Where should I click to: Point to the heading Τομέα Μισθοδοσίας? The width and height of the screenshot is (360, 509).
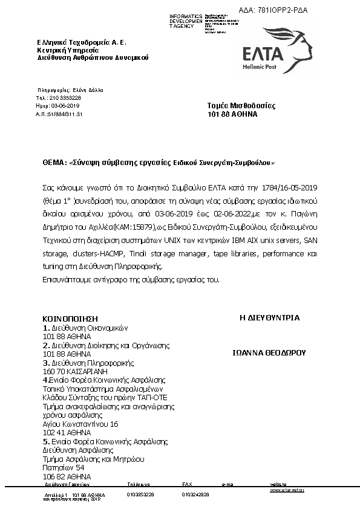point(241,105)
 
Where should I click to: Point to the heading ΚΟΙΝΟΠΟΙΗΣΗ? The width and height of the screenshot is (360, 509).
point(70,319)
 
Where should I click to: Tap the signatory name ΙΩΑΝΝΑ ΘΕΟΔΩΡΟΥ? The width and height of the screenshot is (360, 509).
point(269,351)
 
